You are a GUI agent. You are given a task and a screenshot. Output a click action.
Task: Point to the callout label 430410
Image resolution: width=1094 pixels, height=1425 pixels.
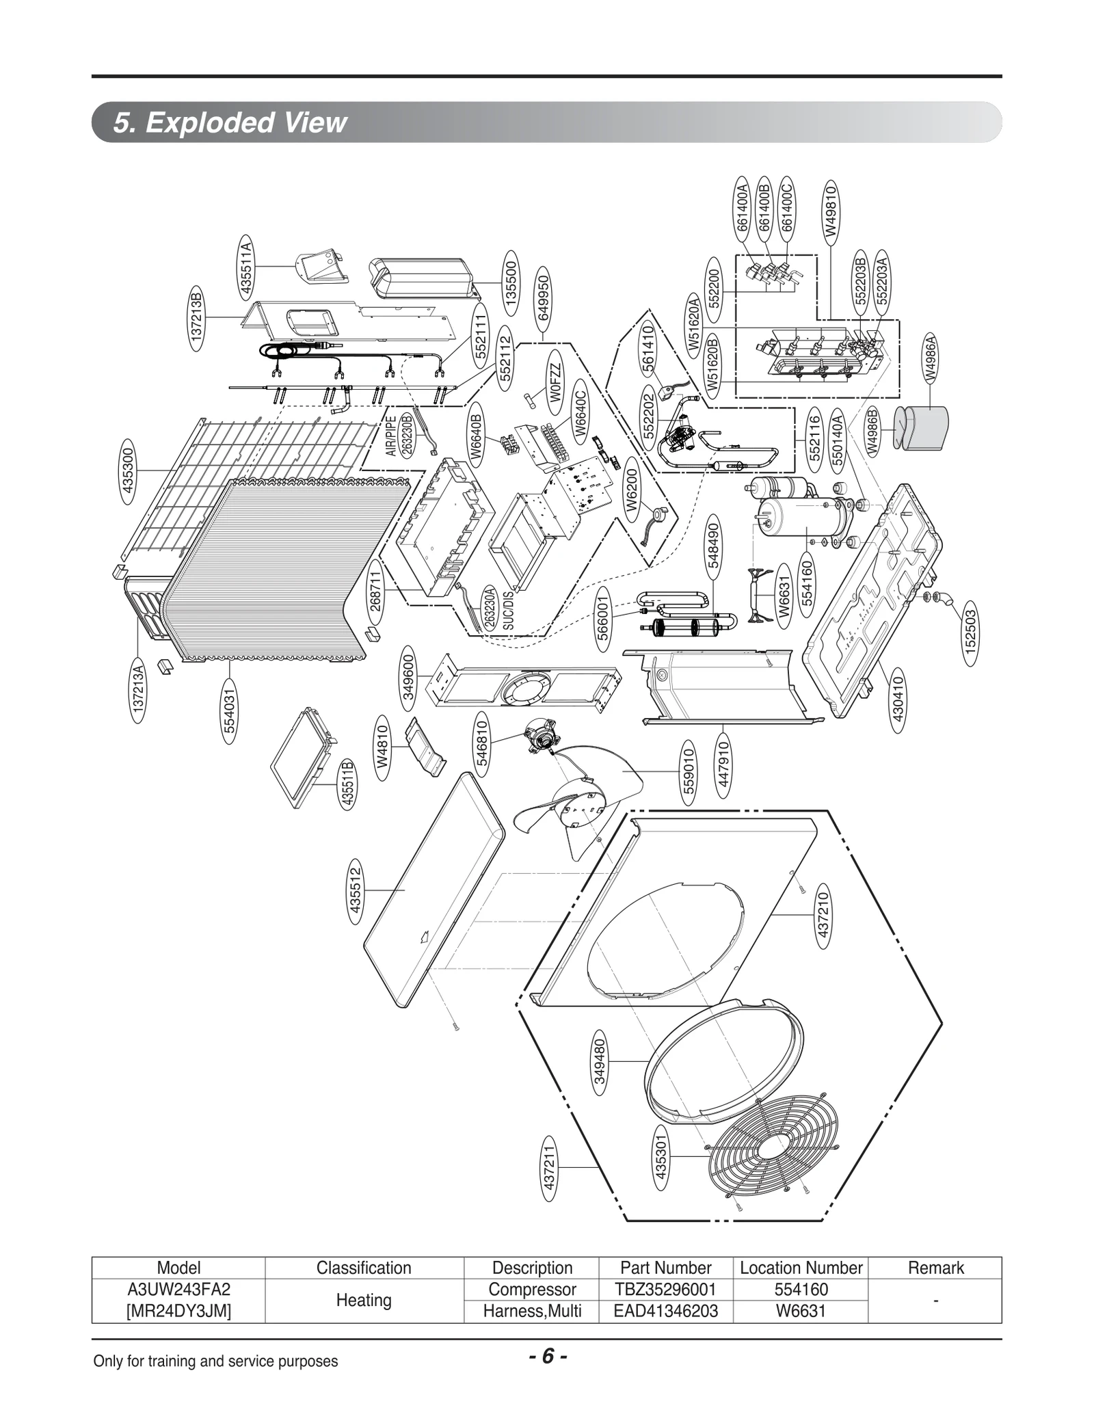click(898, 700)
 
